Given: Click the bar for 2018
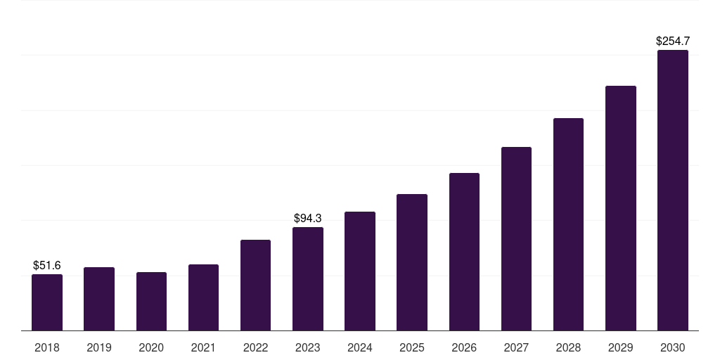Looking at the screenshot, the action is coord(47,302).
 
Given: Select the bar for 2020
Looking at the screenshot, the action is coord(152,301).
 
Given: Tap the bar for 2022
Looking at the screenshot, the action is coord(255,285).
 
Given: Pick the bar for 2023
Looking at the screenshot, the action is coord(308,278).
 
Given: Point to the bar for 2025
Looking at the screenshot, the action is coord(412,262).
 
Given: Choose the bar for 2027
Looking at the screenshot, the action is coord(516,239).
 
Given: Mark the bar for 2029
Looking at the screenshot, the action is coord(621,208).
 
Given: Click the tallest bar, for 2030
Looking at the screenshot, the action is coord(673,190).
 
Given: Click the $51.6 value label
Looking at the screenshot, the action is coord(47,265).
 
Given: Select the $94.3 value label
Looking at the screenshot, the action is coord(308,218).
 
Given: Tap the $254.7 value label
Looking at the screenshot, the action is coord(673,41).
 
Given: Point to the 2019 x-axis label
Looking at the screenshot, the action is coord(99,347).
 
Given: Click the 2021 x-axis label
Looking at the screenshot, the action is coord(203,347).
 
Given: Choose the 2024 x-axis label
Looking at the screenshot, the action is coord(360,347).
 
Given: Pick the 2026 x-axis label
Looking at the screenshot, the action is coord(464,347).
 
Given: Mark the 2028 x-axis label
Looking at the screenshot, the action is coord(568,347).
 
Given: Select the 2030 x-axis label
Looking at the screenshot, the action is coord(673,347).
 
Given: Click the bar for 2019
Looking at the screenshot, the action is coord(99,299).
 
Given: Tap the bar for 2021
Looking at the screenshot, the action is coord(203,297).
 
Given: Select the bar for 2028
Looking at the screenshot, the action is coord(568,224).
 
